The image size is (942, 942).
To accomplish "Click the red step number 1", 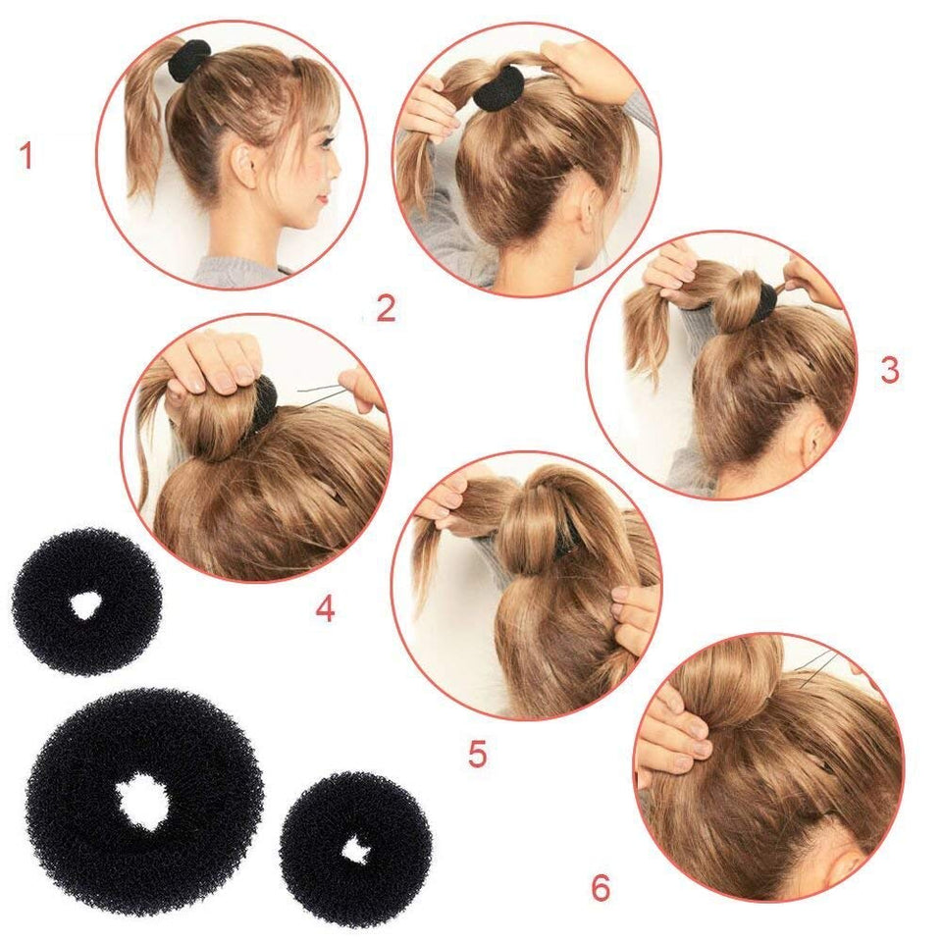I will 26,156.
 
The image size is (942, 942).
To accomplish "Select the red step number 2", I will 386,310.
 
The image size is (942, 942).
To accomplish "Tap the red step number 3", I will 889,370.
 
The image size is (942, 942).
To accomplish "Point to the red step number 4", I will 325,609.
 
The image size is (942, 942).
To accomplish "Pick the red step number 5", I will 477,755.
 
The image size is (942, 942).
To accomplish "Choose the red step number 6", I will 601,888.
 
